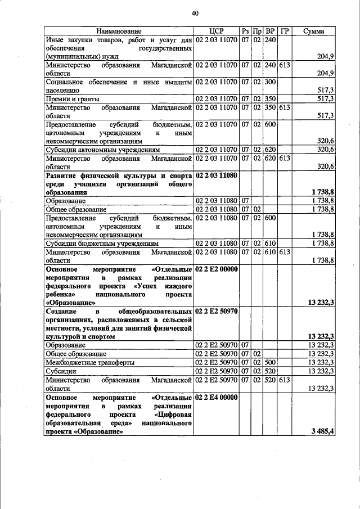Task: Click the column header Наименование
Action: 118,31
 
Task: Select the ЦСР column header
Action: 216,31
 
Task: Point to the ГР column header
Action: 283,31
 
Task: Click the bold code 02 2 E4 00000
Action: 217,397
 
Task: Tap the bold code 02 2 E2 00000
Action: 217,269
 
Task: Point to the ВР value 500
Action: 270,363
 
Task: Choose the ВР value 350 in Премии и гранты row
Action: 270,99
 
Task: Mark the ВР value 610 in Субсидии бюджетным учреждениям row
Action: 270,243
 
